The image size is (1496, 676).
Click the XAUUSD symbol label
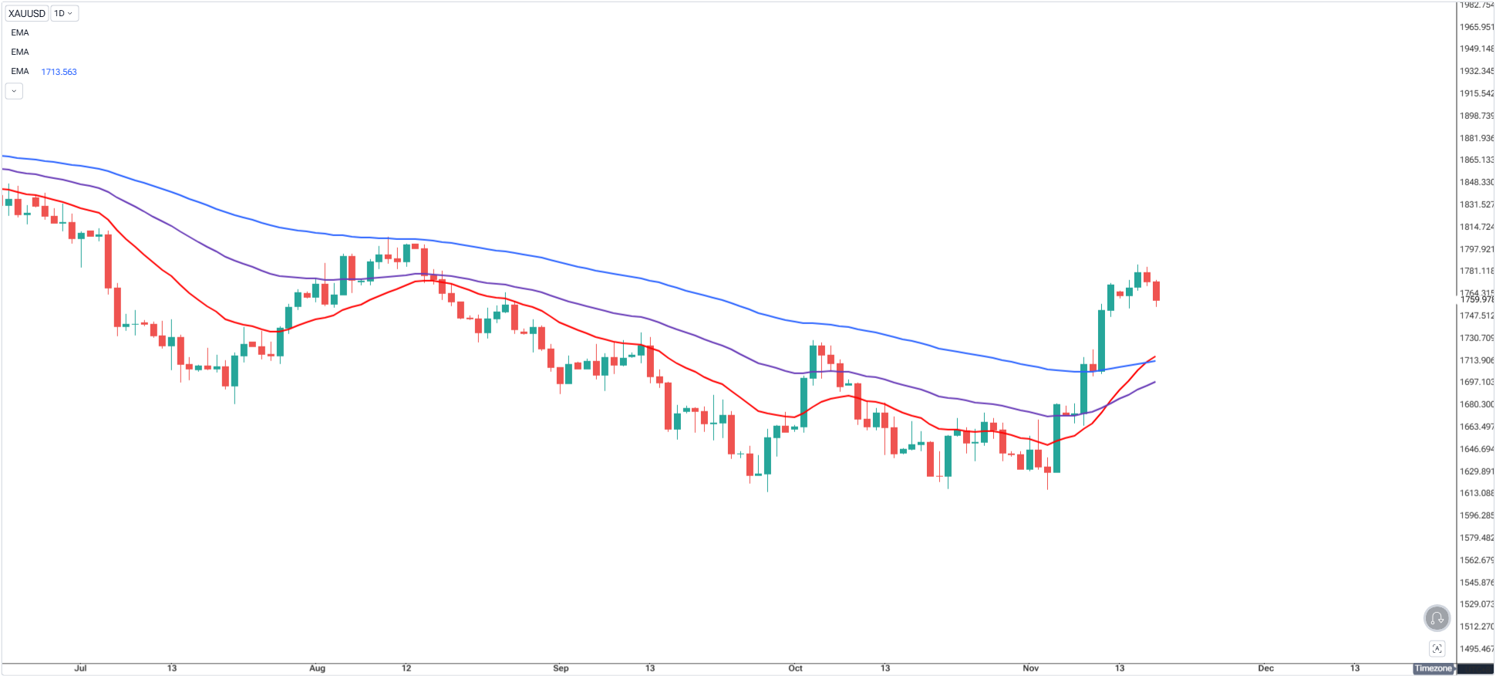point(27,13)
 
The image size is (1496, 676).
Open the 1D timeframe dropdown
point(64,13)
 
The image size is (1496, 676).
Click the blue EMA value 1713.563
point(59,72)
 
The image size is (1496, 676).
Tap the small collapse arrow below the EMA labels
point(14,91)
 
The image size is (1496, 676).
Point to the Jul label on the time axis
point(80,668)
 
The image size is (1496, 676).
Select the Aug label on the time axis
point(317,668)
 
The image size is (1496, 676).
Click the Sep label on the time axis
point(561,668)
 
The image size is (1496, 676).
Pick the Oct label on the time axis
point(795,668)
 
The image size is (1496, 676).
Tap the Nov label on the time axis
point(1030,668)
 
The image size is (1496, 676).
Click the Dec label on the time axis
point(1265,668)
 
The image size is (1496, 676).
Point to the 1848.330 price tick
point(1476,182)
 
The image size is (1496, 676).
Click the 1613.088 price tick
point(1476,493)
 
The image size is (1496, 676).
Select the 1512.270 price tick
point(1476,627)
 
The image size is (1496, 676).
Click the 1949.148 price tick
point(1476,49)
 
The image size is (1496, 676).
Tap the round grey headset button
point(1437,618)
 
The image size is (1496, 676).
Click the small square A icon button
point(1437,648)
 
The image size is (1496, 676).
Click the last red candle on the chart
point(1156,291)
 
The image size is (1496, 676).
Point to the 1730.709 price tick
point(1476,338)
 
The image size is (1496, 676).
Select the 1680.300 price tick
point(1476,404)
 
